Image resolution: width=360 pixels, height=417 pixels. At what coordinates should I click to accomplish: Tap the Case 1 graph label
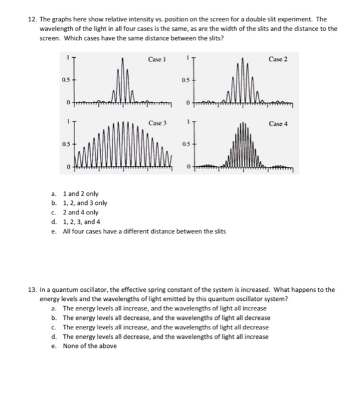[x=157, y=60]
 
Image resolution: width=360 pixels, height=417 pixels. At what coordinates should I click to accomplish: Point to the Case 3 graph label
[x=157, y=123]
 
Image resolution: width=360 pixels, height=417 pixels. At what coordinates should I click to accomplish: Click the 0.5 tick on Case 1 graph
[x=62, y=81]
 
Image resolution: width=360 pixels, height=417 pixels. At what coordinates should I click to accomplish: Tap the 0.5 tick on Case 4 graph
[x=185, y=144]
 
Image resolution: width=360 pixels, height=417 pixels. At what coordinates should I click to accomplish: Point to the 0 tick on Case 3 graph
[x=68, y=167]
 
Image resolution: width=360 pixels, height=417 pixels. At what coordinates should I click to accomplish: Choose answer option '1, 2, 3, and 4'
[x=84, y=222]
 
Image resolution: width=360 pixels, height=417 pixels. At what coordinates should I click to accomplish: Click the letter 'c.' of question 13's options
[x=54, y=327]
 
